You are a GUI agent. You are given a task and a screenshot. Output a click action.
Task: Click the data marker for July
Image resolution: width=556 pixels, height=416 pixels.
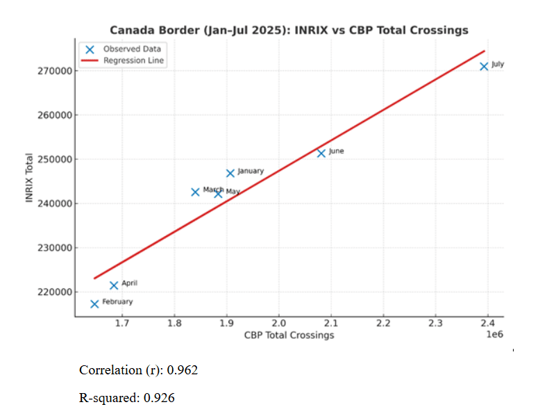(484, 66)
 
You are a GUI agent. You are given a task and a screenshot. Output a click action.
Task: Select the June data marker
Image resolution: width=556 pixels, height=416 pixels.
(321, 153)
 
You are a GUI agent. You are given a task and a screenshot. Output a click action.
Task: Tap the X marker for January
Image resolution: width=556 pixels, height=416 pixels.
(230, 173)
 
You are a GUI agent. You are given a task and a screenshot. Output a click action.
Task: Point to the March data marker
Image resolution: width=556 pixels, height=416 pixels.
(195, 192)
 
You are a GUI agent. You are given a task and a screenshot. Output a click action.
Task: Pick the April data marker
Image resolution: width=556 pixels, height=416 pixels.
(114, 285)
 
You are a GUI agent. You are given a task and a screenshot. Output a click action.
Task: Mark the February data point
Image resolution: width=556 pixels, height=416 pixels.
(94, 303)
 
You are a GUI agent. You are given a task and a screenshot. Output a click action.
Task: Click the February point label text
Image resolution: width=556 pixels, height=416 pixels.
(117, 302)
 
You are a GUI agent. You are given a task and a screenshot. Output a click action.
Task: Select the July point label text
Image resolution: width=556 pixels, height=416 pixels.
(498, 65)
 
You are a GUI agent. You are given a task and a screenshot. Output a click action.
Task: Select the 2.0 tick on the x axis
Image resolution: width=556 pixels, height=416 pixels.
(278, 324)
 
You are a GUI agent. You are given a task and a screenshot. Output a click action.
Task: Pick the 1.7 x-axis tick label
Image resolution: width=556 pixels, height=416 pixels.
(122, 324)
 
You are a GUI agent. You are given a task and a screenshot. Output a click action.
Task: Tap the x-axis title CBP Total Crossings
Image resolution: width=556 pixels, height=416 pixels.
(289, 335)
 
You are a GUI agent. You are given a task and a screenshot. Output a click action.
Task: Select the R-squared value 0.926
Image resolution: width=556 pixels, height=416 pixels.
(160, 398)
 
